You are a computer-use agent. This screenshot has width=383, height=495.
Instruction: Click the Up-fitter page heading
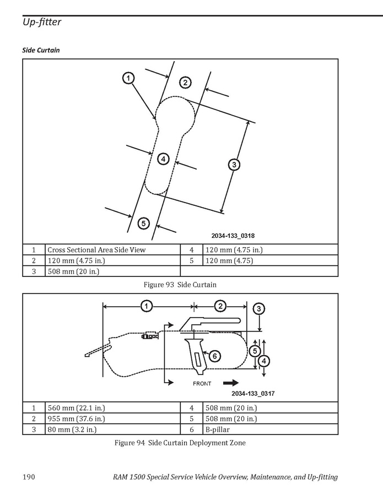tap(42, 22)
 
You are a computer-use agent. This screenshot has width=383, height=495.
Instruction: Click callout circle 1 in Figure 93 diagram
tap(128, 78)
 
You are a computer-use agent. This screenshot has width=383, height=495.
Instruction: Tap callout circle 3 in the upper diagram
tap(234, 165)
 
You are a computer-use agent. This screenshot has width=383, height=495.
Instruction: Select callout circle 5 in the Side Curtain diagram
tap(143, 224)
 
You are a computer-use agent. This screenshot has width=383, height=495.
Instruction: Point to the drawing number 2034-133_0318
tap(233, 236)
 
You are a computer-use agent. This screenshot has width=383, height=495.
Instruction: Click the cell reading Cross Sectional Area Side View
tap(112, 250)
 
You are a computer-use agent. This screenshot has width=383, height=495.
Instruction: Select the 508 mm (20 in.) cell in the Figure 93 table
tap(112, 271)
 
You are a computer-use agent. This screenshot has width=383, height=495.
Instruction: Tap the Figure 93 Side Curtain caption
tap(180, 285)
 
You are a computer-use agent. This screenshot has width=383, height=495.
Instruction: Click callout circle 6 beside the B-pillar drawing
tap(214, 356)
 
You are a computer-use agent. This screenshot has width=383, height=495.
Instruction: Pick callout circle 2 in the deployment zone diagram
tap(220, 306)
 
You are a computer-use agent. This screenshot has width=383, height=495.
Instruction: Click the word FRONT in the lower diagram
tap(202, 384)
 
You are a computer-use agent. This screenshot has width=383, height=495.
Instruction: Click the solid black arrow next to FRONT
tap(231, 383)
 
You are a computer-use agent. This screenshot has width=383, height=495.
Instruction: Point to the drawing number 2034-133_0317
tap(253, 393)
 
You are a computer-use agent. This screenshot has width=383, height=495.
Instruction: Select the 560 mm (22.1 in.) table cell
tap(112, 407)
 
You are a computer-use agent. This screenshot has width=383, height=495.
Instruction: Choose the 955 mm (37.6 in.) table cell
tap(112, 418)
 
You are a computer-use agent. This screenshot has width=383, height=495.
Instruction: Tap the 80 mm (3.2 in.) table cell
tap(112, 429)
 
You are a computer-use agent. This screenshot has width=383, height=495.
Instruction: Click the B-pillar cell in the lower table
tap(270, 429)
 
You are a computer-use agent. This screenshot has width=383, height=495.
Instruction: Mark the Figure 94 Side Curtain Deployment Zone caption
tap(180, 443)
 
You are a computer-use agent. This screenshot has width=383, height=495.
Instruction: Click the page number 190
tap(29, 476)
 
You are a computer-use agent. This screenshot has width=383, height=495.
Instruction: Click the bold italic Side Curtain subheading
tap(41, 50)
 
